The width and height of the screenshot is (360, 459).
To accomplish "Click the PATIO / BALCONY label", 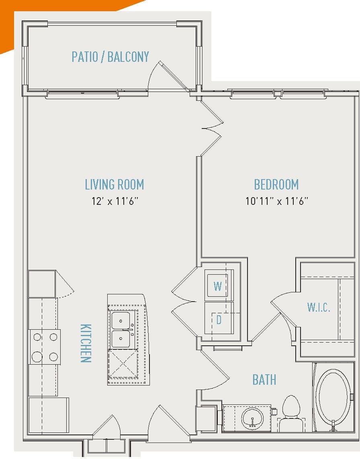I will pos(110,57).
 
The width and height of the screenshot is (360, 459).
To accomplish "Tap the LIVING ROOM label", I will pos(115,185).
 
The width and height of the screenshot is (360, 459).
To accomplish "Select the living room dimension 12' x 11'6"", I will pos(115,201).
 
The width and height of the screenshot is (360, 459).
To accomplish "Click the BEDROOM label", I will pos(276,185).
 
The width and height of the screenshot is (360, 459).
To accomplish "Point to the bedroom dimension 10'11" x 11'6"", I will pos(276,201).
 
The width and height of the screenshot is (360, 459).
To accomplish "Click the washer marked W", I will pos(218,286).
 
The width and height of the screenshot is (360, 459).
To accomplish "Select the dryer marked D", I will pos(219,319).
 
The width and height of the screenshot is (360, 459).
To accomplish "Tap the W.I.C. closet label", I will pos(319,308).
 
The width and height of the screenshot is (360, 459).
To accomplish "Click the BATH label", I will pos(264,379).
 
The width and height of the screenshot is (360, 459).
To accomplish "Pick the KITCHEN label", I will pos(85,343).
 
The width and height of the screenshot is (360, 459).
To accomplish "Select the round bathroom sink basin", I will pos(252,418).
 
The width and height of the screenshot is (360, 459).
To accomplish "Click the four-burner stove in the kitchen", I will pos(45,347).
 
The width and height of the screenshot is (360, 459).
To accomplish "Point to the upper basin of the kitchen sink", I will pos(121,321).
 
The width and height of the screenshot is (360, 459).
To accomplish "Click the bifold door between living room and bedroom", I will pos(211,129).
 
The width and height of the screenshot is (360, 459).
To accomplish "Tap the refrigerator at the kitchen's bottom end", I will pos(48,415).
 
